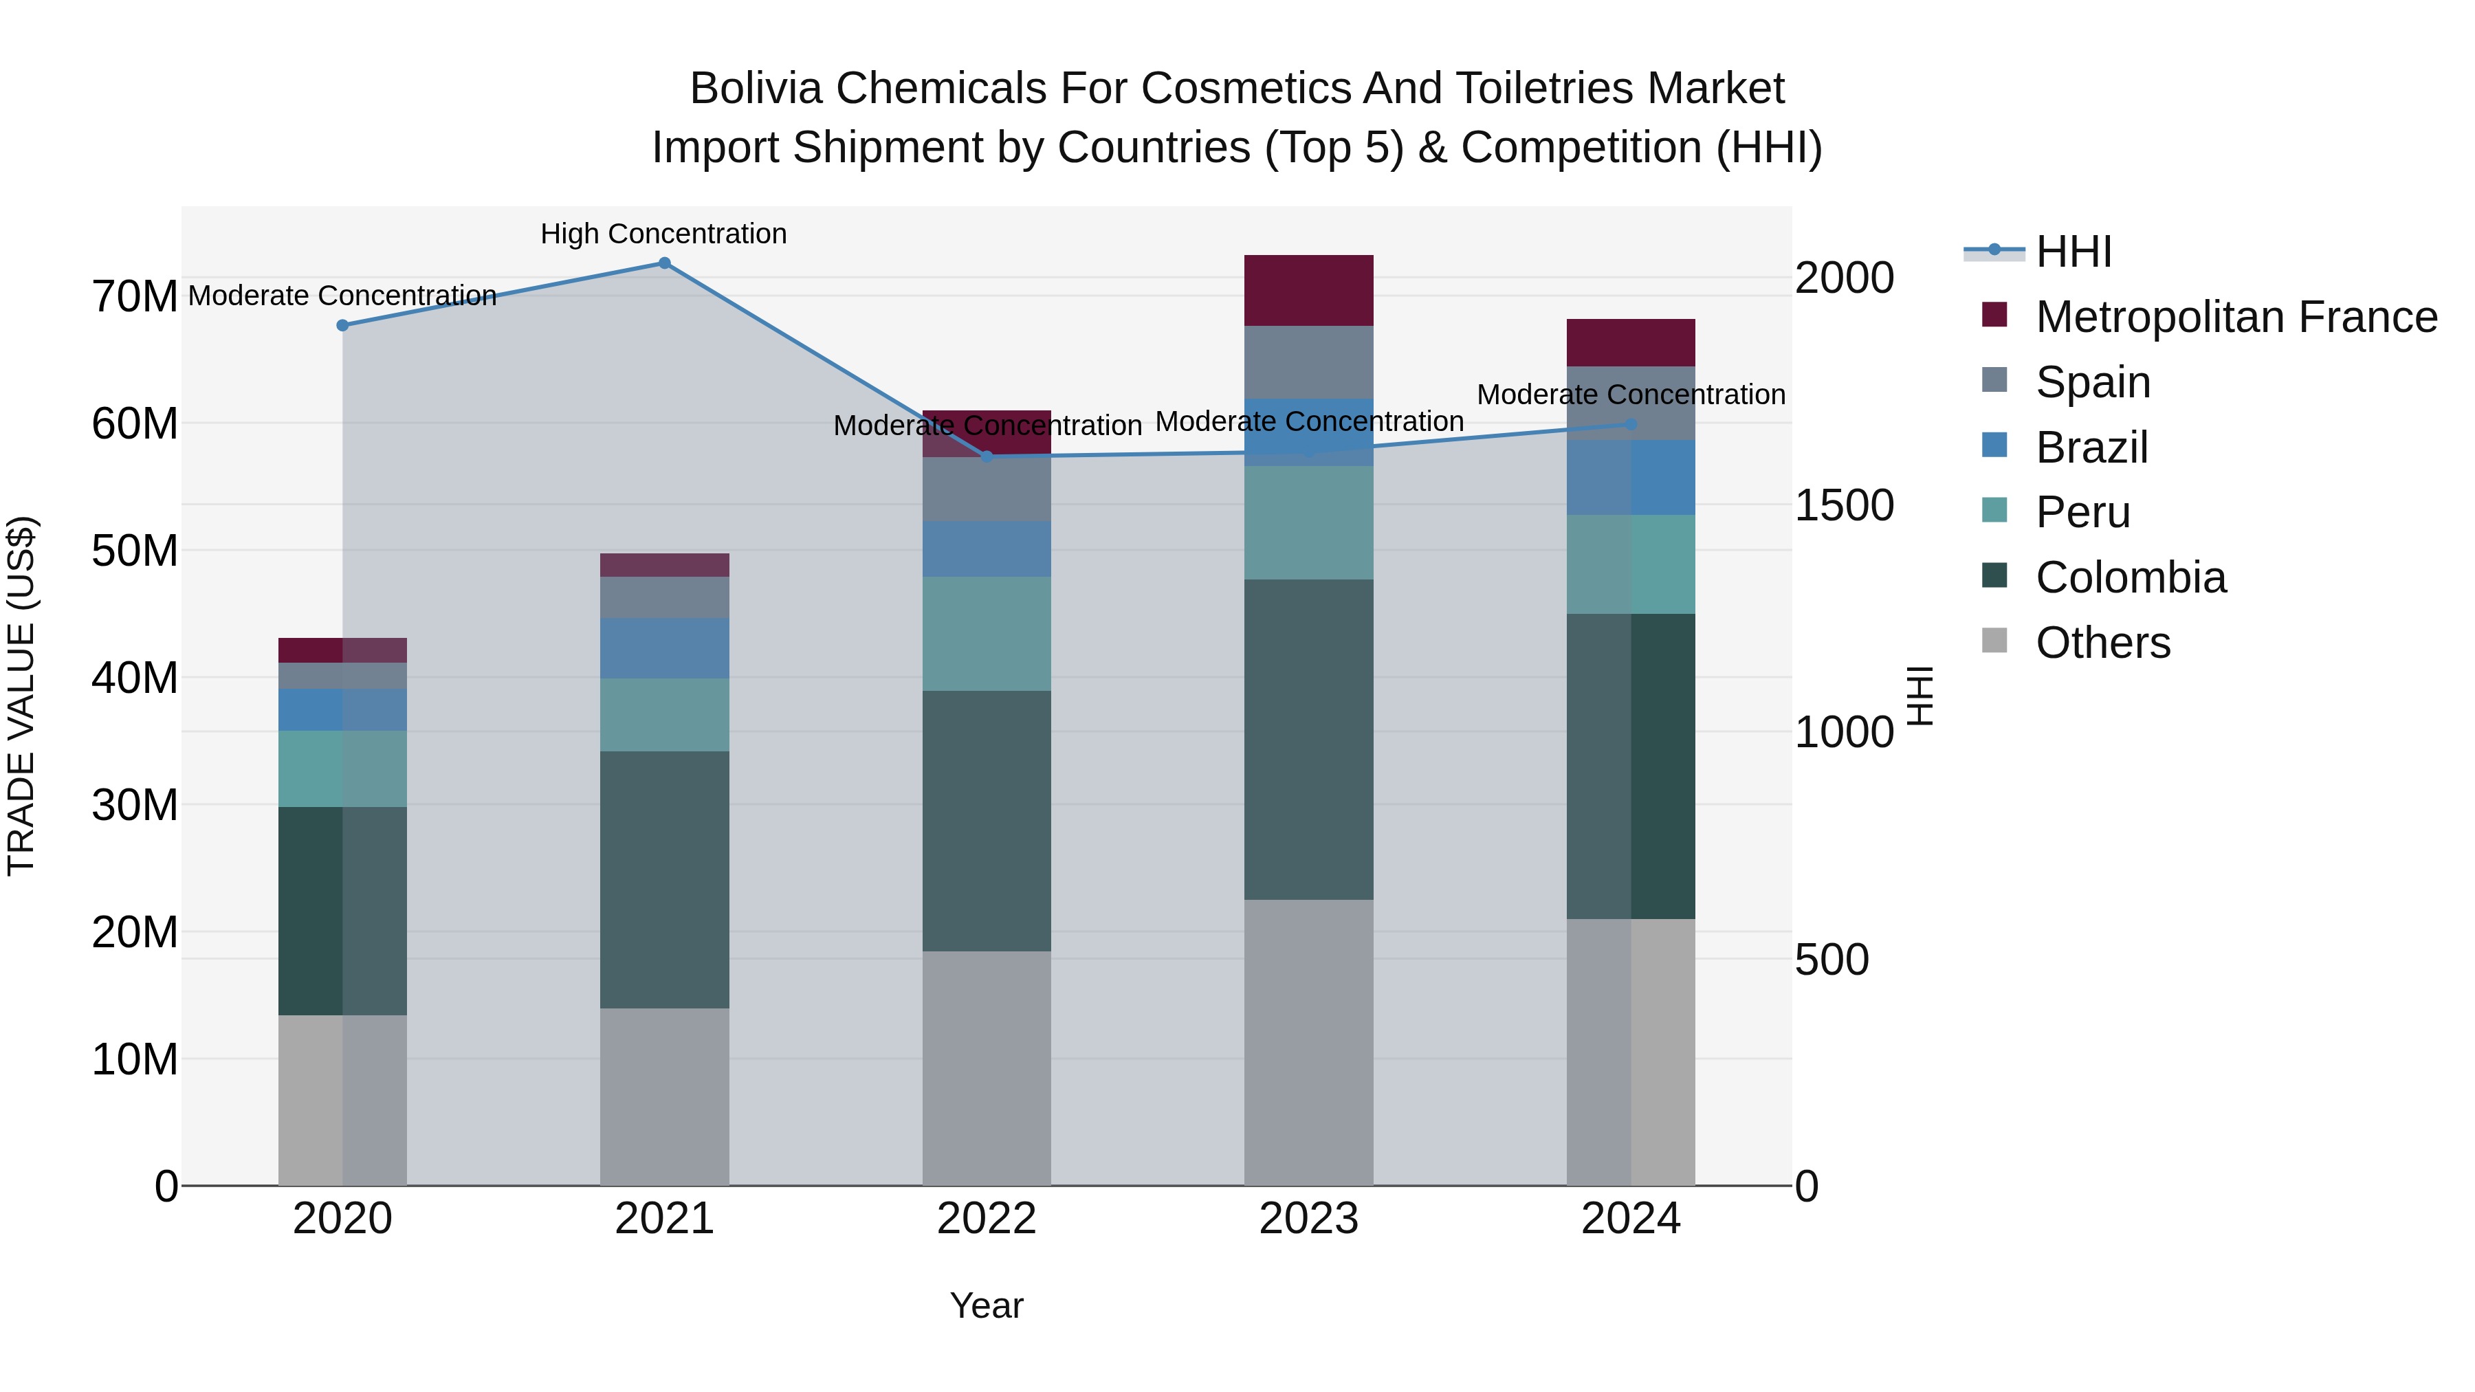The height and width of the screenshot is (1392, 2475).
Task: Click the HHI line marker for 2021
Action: [x=664, y=263]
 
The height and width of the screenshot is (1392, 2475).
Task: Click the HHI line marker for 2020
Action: [x=343, y=326]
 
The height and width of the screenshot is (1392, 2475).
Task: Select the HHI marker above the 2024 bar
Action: [x=1631, y=423]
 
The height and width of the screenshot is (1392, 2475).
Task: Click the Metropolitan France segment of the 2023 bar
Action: [x=1308, y=290]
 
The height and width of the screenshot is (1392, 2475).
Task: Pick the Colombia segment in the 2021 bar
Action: [x=664, y=879]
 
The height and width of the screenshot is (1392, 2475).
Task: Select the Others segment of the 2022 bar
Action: [x=987, y=1068]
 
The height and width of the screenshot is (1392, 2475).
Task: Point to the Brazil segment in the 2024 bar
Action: [x=1631, y=478]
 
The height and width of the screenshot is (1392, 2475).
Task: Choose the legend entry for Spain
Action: [x=2093, y=382]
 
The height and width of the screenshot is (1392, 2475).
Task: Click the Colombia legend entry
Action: [x=2129, y=577]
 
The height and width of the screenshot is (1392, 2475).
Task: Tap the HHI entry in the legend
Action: [x=2073, y=252]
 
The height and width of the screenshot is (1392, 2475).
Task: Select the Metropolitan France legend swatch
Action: [x=1994, y=315]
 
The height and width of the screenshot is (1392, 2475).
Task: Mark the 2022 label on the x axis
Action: [x=987, y=1219]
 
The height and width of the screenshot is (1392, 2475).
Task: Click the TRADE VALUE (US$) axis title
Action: [x=21, y=696]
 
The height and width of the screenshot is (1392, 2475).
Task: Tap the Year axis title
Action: [x=987, y=1305]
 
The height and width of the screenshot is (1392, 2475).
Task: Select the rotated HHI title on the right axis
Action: [x=1919, y=696]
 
